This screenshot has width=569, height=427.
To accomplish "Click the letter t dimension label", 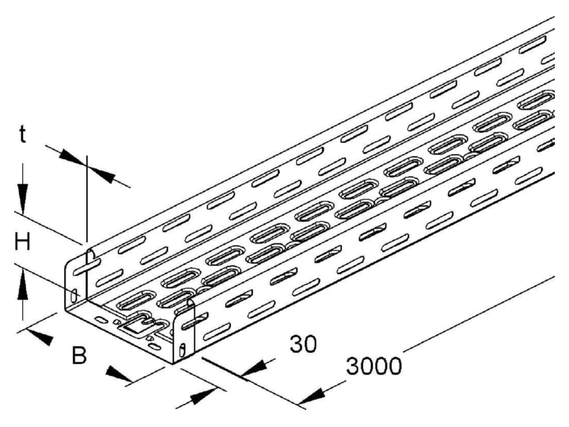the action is pos(23,135).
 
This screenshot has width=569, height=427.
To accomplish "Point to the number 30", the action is pos(304,344).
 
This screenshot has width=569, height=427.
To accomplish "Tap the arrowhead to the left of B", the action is pos(41,337).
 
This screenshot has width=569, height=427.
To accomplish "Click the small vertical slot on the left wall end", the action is pos(74,295).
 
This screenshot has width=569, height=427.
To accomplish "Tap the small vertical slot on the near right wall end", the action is pos(182,349).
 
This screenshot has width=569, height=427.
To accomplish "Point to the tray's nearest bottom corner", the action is pos(173,364).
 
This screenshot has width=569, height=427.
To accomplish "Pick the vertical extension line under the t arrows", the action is pos(87,199).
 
